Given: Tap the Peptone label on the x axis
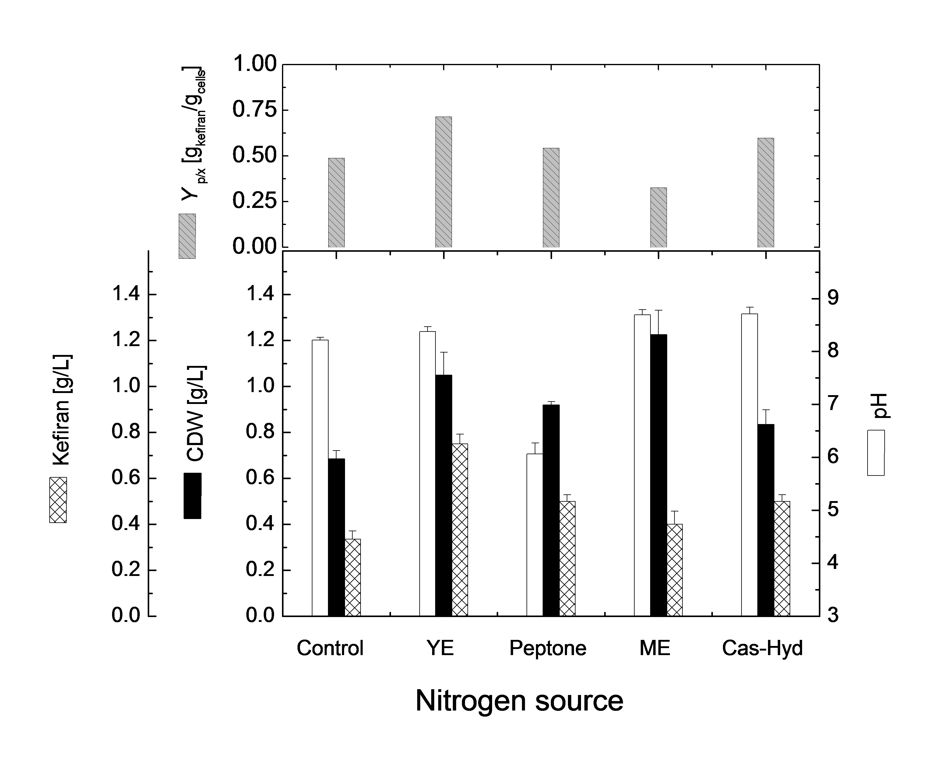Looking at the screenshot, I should (548, 648).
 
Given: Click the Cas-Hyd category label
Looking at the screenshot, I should (762, 648).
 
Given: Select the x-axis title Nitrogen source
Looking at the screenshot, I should (519, 701).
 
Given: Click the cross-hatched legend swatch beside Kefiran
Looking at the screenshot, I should (58, 500).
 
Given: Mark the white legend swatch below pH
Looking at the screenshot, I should (875, 453).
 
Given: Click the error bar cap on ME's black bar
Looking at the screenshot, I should (658, 311).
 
